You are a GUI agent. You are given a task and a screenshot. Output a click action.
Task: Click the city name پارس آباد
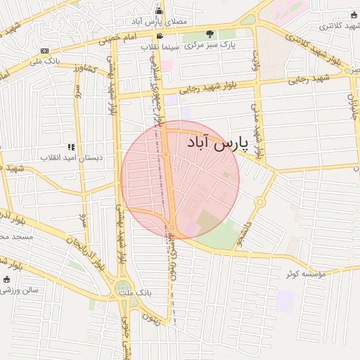[x=219, y=143]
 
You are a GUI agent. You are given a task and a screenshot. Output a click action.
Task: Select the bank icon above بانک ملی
[x=44, y=51]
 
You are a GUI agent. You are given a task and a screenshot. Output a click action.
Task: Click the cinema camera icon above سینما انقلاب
[x=161, y=35]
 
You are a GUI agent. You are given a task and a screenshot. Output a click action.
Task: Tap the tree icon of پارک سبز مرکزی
[x=210, y=33]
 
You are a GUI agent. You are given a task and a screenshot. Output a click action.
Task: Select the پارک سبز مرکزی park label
[x=211, y=44]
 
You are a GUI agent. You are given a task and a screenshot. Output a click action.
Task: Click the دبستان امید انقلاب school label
[x=71, y=157]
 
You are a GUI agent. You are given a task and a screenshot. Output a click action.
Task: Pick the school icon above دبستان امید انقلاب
[x=71, y=146]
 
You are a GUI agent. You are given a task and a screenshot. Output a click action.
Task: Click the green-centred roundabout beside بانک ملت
[x=124, y=288]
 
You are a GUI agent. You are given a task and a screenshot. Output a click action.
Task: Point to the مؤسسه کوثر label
[x=307, y=274]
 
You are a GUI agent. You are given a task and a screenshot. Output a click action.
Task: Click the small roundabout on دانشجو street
[x=259, y=202]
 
